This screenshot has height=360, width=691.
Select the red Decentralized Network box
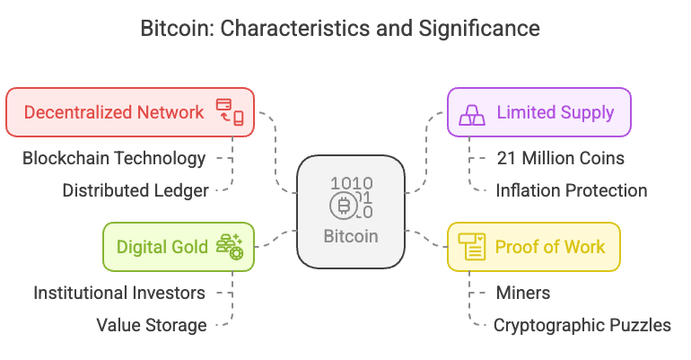pyautogui.click(x=129, y=112)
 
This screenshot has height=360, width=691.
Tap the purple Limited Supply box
pyautogui.click(x=539, y=112)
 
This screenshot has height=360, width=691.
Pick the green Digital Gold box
pyautogui.click(x=179, y=247)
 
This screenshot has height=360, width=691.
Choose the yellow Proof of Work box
pyautogui.click(x=534, y=247)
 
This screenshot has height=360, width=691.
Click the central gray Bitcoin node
pyautogui.click(x=351, y=212)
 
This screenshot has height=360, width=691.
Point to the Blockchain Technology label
pyautogui.click(x=114, y=159)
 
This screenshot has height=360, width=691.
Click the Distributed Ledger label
pyautogui.click(x=136, y=190)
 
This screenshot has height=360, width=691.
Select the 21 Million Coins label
pyautogui.click(x=560, y=159)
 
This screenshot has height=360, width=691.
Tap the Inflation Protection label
pyautogui.click(x=572, y=190)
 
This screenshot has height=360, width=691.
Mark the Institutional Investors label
pyautogui.click(x=119, y=294)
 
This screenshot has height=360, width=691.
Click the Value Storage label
pyautogui.click(x=152, y=325)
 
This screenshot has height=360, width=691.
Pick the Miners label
pyautogui.click(x=523, y=294)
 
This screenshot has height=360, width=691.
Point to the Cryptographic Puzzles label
pyautogui.click(x=582, y=325)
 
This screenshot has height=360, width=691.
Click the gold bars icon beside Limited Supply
pyautogui.click(x=473, y=113)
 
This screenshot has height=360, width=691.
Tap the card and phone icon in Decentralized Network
pyautogui.click(x=230, y=112)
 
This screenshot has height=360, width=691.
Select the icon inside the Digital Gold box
pyautogui.click(x=230, y=247)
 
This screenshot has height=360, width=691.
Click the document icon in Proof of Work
pyautogui.click(x=472, y=247)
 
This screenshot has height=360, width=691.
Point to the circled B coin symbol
pyautogui.click(x=342, y=207)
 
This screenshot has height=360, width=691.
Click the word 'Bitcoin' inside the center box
pyautogui.click(x=351, y=237)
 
